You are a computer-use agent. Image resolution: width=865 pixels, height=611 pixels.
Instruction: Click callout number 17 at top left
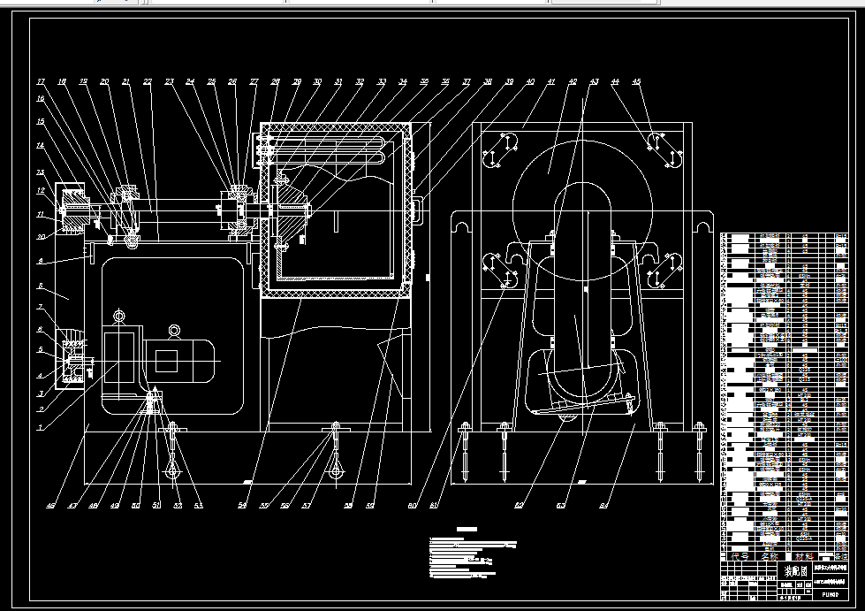(x=41, y=82)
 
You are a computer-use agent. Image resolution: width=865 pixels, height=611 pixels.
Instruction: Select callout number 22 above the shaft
(x=148, y=82)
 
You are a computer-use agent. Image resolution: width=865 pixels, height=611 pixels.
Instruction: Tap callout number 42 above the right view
(x=573, y=82)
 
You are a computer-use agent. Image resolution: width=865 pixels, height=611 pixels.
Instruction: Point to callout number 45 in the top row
(x=636, y=82)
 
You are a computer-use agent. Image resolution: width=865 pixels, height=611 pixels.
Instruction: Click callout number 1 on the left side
(x=39, y=427)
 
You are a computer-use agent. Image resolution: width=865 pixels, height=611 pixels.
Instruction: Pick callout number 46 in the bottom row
(x=51, y=507)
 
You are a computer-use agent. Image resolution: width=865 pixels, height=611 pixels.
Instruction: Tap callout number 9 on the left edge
(x=39, y=261)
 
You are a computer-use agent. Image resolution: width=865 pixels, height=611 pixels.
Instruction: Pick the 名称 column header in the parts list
(x=765, y=557)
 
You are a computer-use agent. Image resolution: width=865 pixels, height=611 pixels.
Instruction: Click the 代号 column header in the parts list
(x=737, y=557)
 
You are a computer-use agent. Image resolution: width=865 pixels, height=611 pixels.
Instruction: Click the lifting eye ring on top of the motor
(x=175, y=331)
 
